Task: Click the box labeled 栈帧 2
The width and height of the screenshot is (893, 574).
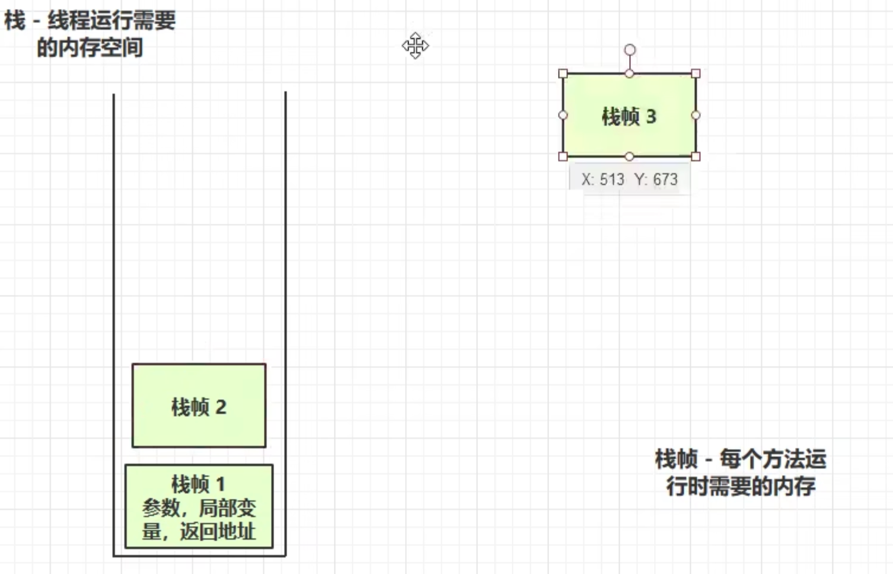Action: pyautogui.click(x=199, y=406)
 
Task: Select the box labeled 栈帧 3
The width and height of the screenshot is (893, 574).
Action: pyautogui.click(x=629, y=115)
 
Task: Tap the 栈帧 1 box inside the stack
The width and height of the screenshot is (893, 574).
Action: pyautogui.click(x=199, y=506)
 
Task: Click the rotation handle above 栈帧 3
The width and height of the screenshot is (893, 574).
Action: pyautogui.click(x=630, y=50)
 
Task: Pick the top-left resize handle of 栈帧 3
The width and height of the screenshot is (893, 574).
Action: pyautogui.click(x=563, y=74)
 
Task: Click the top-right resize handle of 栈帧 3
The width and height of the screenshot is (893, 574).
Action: pyautogui.click(x=696, y=74)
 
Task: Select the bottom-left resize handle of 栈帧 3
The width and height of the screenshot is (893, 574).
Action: pyautogui.click(x=563, y=157)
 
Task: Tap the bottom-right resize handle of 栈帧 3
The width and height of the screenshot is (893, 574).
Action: pyautogui.click(x=696, y=157)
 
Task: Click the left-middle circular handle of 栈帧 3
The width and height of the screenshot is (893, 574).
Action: pyautogui.click(x=563, y=115)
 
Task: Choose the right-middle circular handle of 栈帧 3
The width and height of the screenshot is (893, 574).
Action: pyautogui.click(x=696, y=115)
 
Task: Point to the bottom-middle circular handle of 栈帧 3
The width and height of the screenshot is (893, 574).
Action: pyautogui.click(x=629, y=157)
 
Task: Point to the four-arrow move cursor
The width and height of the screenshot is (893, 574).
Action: pyautogui.click(x=415, y=46)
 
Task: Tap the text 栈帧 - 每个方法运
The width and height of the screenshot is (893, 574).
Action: pyautogui.click(x=741, y=459)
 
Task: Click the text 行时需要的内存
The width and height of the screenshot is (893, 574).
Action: pyautogui.click(x=741, y=486)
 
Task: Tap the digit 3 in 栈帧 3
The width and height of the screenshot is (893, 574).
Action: pyautogui.click(x=651, y=116)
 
